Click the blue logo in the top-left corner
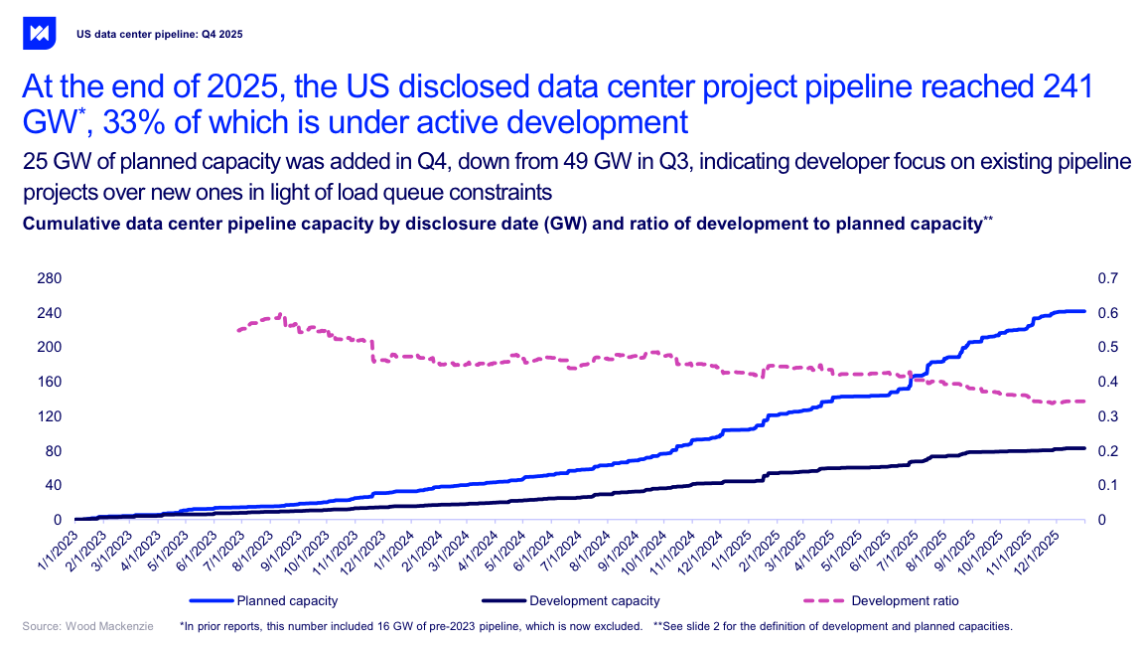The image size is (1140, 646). [40, 33]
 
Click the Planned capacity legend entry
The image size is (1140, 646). [286, 600]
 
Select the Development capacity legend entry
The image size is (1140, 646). [594, 600]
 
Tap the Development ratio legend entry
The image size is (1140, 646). [905, 600]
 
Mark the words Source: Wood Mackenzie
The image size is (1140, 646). [87, 627]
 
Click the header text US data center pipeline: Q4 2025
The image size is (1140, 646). [159, 34]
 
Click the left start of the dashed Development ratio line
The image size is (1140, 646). [237, 330]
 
